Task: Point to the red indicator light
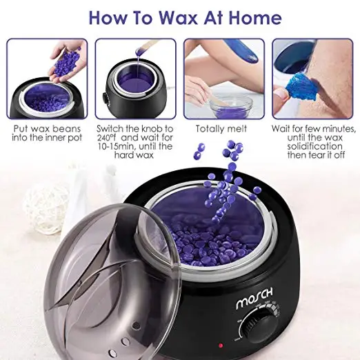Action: [221, 344]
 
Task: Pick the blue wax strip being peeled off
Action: [297, 97]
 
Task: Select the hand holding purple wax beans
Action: [66, 54]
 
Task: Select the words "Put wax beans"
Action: [47, 129]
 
